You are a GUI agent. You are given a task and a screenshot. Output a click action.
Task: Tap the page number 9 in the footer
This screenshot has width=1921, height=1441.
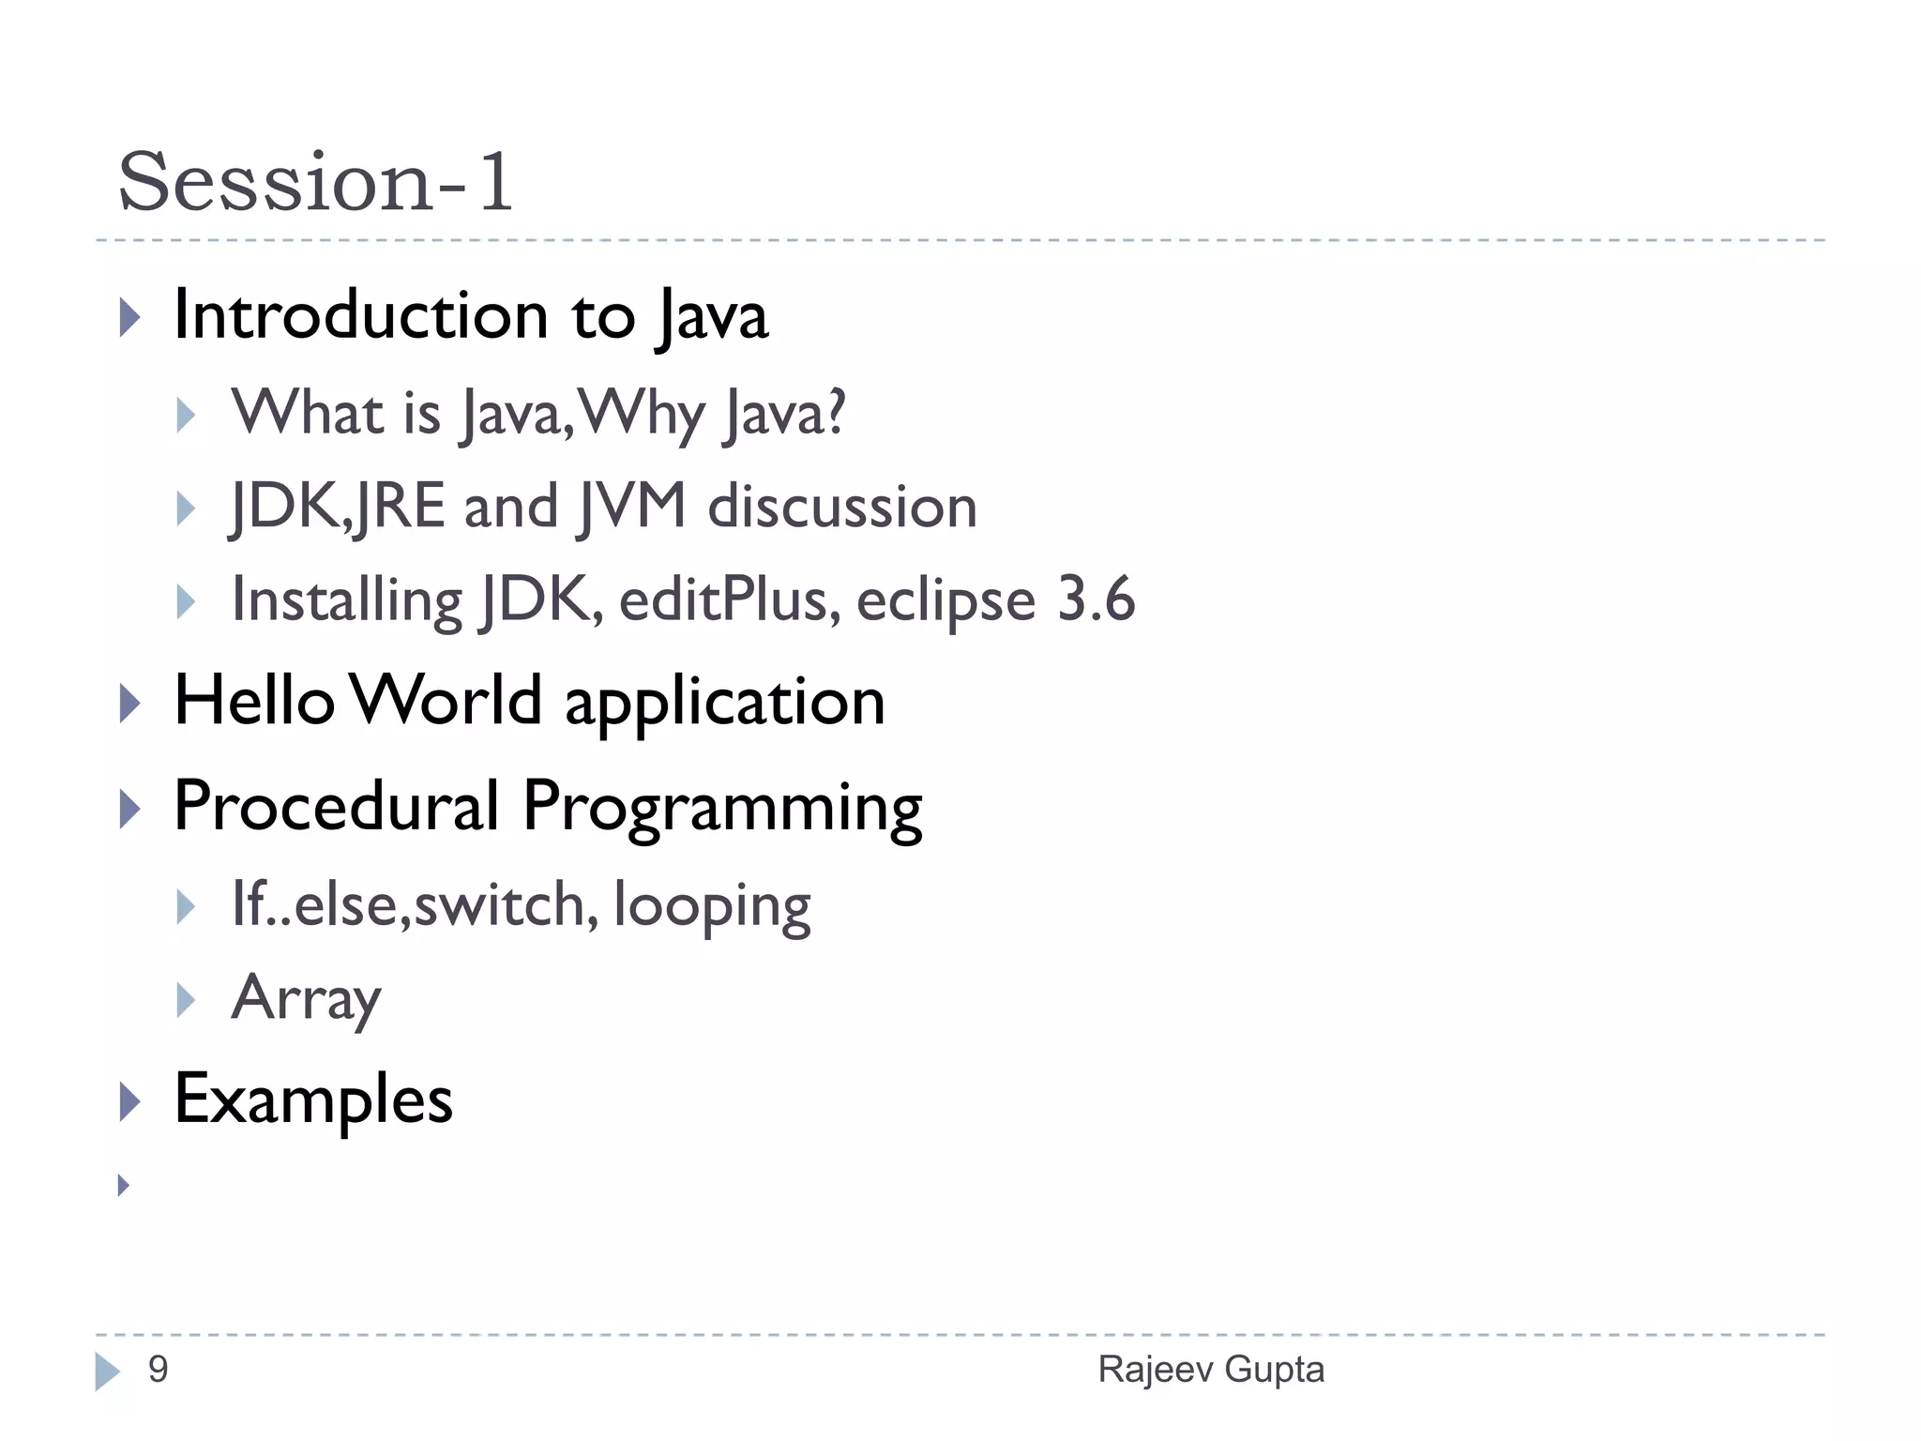coord(158,1370)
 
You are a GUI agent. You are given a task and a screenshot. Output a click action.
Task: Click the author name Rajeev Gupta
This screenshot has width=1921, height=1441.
coord(1210,1370)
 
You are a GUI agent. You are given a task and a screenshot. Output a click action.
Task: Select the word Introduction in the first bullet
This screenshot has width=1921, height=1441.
coord(361,315)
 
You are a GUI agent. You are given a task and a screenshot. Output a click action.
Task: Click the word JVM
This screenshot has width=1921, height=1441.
coord(633,507)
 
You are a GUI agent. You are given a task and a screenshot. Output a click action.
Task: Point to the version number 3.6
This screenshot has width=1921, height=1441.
coord(1096,599)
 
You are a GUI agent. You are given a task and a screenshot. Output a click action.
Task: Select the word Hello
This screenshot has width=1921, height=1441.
coord(254,701)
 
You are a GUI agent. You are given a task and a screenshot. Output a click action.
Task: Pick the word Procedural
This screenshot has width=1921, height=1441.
coord(337,807)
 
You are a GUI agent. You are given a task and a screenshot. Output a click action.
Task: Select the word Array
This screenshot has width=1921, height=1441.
coord(306,999)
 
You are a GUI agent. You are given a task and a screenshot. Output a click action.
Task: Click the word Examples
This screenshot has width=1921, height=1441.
coord(313,1100)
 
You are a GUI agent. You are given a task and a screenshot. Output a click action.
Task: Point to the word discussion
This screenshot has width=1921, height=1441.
coord(842,507)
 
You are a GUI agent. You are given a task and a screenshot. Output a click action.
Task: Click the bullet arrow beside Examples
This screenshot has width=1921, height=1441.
coord(129,1101)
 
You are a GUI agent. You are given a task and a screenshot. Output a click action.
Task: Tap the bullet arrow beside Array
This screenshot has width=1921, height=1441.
coord(186,1000)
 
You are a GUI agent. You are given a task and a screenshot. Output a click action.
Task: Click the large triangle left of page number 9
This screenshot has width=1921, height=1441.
coord(107,1372)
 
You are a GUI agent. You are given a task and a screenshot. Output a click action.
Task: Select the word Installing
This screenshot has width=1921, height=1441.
coord(347,600)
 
